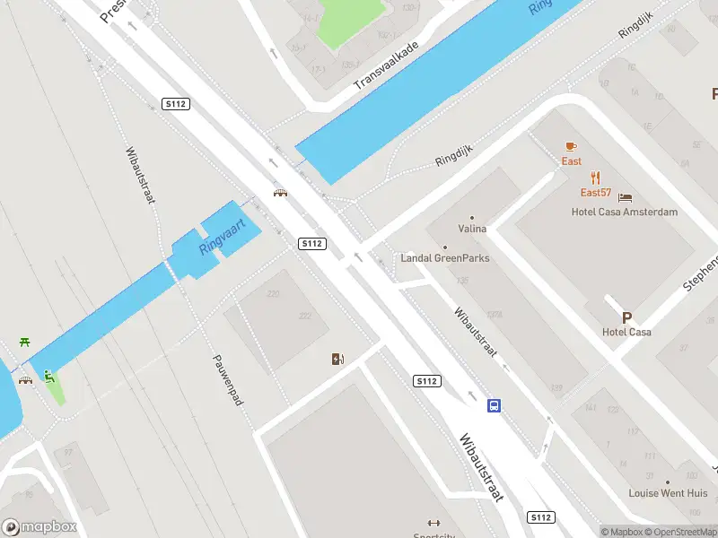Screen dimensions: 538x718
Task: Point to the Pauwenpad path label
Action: click(228, 379)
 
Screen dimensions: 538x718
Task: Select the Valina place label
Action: click(472, 229)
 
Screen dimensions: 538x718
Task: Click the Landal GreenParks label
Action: click(445, 258)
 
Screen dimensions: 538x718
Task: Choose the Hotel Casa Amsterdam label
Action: click(625, 212)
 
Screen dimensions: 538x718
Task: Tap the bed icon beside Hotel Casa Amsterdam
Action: click(626, 197)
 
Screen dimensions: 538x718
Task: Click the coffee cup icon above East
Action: click(571, 146)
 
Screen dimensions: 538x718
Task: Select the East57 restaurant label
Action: click(595, 193)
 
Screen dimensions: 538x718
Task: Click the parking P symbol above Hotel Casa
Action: click(626, 317)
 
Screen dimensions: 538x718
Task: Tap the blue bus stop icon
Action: click(494, 405)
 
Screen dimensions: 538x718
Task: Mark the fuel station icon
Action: click(337, 360)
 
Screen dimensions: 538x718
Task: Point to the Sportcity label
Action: click(434, 534)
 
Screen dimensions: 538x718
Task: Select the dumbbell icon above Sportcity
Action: click(434, 523)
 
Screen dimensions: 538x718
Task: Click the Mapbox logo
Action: click(38, 526)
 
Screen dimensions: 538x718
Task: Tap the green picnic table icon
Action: click(24, 343)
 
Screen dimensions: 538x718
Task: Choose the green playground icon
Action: click(48, 377)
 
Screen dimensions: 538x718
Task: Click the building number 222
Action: click(305, 316)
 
